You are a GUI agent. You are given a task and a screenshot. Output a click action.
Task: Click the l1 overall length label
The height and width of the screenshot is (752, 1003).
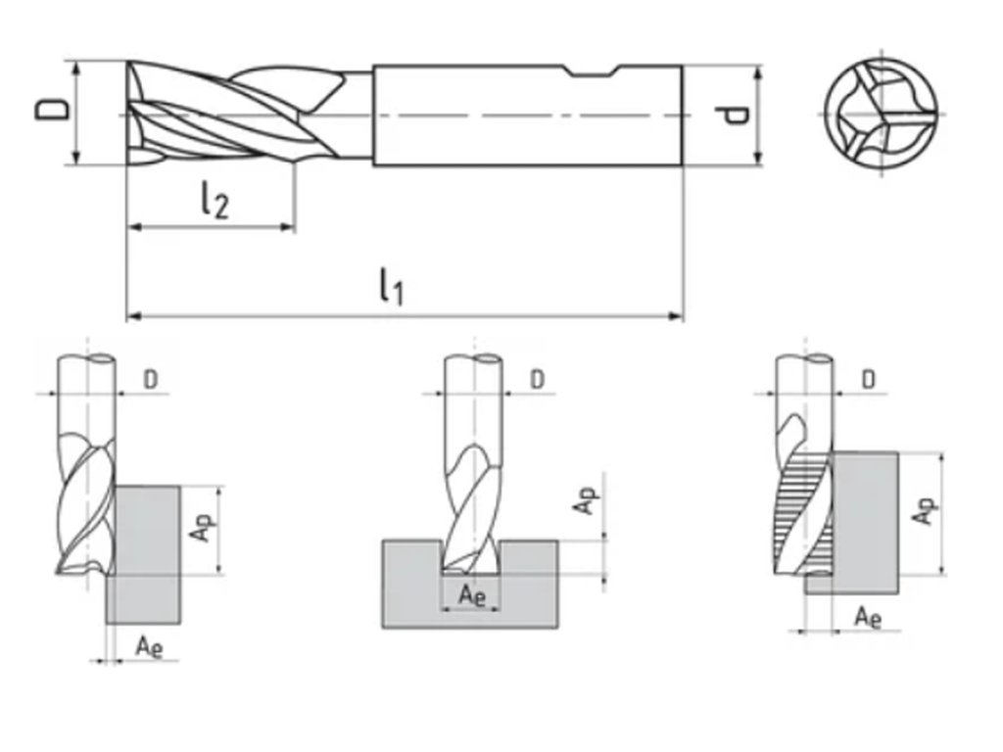pos(391,287)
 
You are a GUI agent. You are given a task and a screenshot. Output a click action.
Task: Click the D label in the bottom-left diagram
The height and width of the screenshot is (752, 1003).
pos(150,379)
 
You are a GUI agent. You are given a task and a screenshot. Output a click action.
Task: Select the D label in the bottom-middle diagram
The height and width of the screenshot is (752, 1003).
pos(537,379)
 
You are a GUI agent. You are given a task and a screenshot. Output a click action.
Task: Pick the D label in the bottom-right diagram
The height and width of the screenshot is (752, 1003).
pos(869,379)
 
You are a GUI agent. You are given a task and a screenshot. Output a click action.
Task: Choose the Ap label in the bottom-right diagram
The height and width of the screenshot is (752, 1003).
pos(924,509)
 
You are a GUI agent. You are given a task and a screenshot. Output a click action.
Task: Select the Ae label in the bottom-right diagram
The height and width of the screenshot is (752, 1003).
pos(868,617)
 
